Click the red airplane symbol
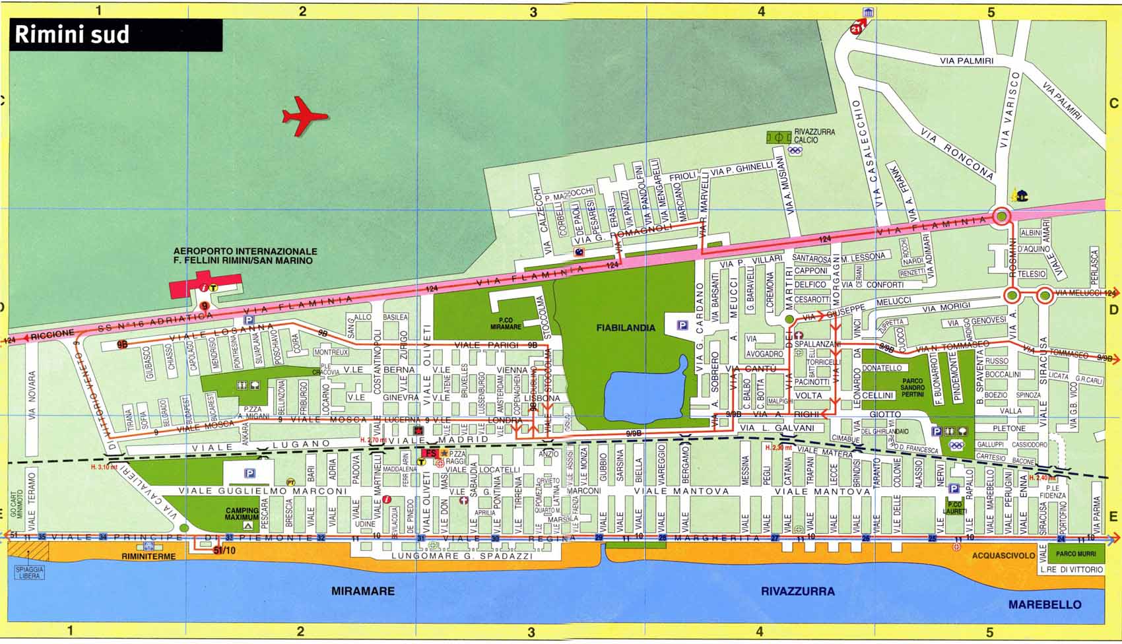pyautogui.click(x=304, y=117)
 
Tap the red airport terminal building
pyautogui.click(x=205, y=288)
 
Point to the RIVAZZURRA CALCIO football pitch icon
pyautogui.click(x=779, y=138)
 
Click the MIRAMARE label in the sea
pyautogui.click(x=363, y=591)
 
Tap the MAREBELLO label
pyautogui.click(x=1044, y=604)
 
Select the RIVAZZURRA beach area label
pyautogui.click(x=797, y=591)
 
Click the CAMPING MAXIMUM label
pyautogui.click(x=242, y=514)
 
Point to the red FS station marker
pyautogui.click(x=430, y=453)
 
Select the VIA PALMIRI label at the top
pyautogui.click(x=966, y=61)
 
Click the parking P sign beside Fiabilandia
pyautogui.click(x=682, y=325)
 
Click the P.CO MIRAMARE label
pyautogui.click(x=506, y=324)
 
